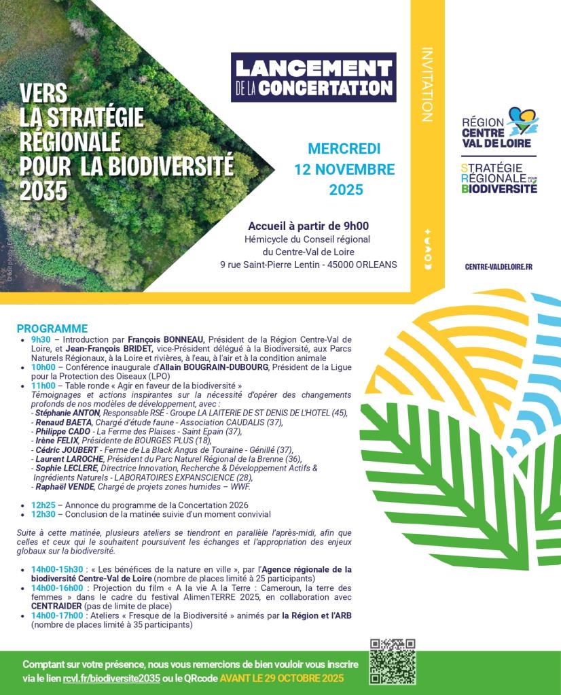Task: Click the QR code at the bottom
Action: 392,662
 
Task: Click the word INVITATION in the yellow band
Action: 427,84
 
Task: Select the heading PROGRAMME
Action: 52,328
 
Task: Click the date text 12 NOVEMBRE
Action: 344,169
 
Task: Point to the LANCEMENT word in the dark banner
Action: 312,68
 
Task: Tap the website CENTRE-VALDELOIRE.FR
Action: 499,267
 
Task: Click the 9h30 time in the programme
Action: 41,338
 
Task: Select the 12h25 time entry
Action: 43,505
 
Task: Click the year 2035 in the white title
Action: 43,192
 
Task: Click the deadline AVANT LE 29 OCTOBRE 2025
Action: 281,678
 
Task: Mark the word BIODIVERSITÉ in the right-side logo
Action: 499,188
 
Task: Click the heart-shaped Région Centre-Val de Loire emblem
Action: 521,120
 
